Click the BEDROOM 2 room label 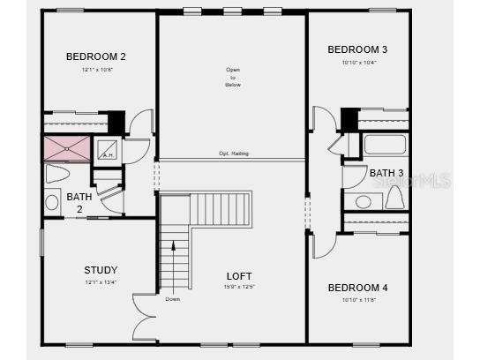[x=96, y=56]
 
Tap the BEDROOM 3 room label [x=357, y=49]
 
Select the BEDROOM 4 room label [x=357, y=288]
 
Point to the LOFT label [x=239, y=276]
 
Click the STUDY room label [x=101, y=270]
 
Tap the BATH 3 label [x=386, y=173]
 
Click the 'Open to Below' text [x=233, y=77]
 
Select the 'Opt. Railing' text [x=234, y=154]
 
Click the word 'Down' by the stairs [x=173, y=298]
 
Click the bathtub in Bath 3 [x=385, y=145]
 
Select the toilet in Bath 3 [x=394, y=197]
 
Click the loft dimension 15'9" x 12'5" [x=239, y=288]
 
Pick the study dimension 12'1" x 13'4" [x=100, y=282]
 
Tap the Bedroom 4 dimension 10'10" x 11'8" [x=357, y=300]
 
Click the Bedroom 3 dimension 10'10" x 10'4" [x=357, y=63]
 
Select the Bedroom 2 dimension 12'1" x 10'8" [x=96, y=69]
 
